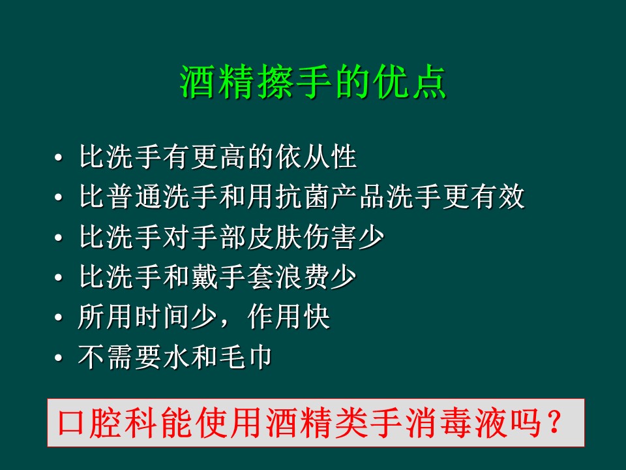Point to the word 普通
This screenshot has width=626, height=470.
point(135,197)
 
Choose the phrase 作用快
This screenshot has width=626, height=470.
point(289,319)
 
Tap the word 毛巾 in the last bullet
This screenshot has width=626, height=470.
point(246,358)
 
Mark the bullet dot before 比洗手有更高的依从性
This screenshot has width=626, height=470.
point(59,159)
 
